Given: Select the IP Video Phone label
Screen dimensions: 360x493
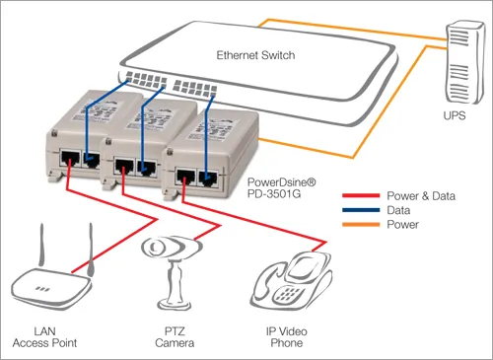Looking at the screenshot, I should click(x=292, y=337).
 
